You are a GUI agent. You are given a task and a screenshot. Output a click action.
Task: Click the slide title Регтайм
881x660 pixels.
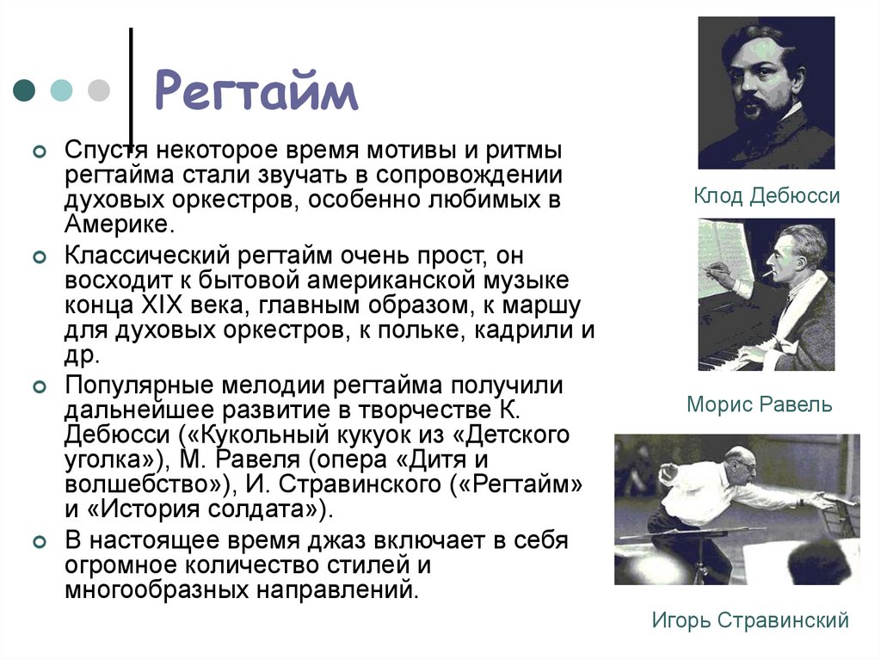(256, 92)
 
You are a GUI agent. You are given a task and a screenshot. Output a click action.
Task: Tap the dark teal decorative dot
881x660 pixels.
(25, 90)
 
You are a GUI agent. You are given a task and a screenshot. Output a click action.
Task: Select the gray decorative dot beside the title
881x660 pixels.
(99, 90)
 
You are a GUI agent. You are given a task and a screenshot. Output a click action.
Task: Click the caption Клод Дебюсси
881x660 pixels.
(767, 197)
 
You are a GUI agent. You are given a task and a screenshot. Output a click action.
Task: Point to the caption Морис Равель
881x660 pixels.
(759, 404)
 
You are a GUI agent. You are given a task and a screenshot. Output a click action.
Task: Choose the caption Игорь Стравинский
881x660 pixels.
(750, 620)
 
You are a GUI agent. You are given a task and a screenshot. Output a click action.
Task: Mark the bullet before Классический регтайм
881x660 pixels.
(37, 256)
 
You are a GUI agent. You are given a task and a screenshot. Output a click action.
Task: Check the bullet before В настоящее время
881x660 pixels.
(37, 542)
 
